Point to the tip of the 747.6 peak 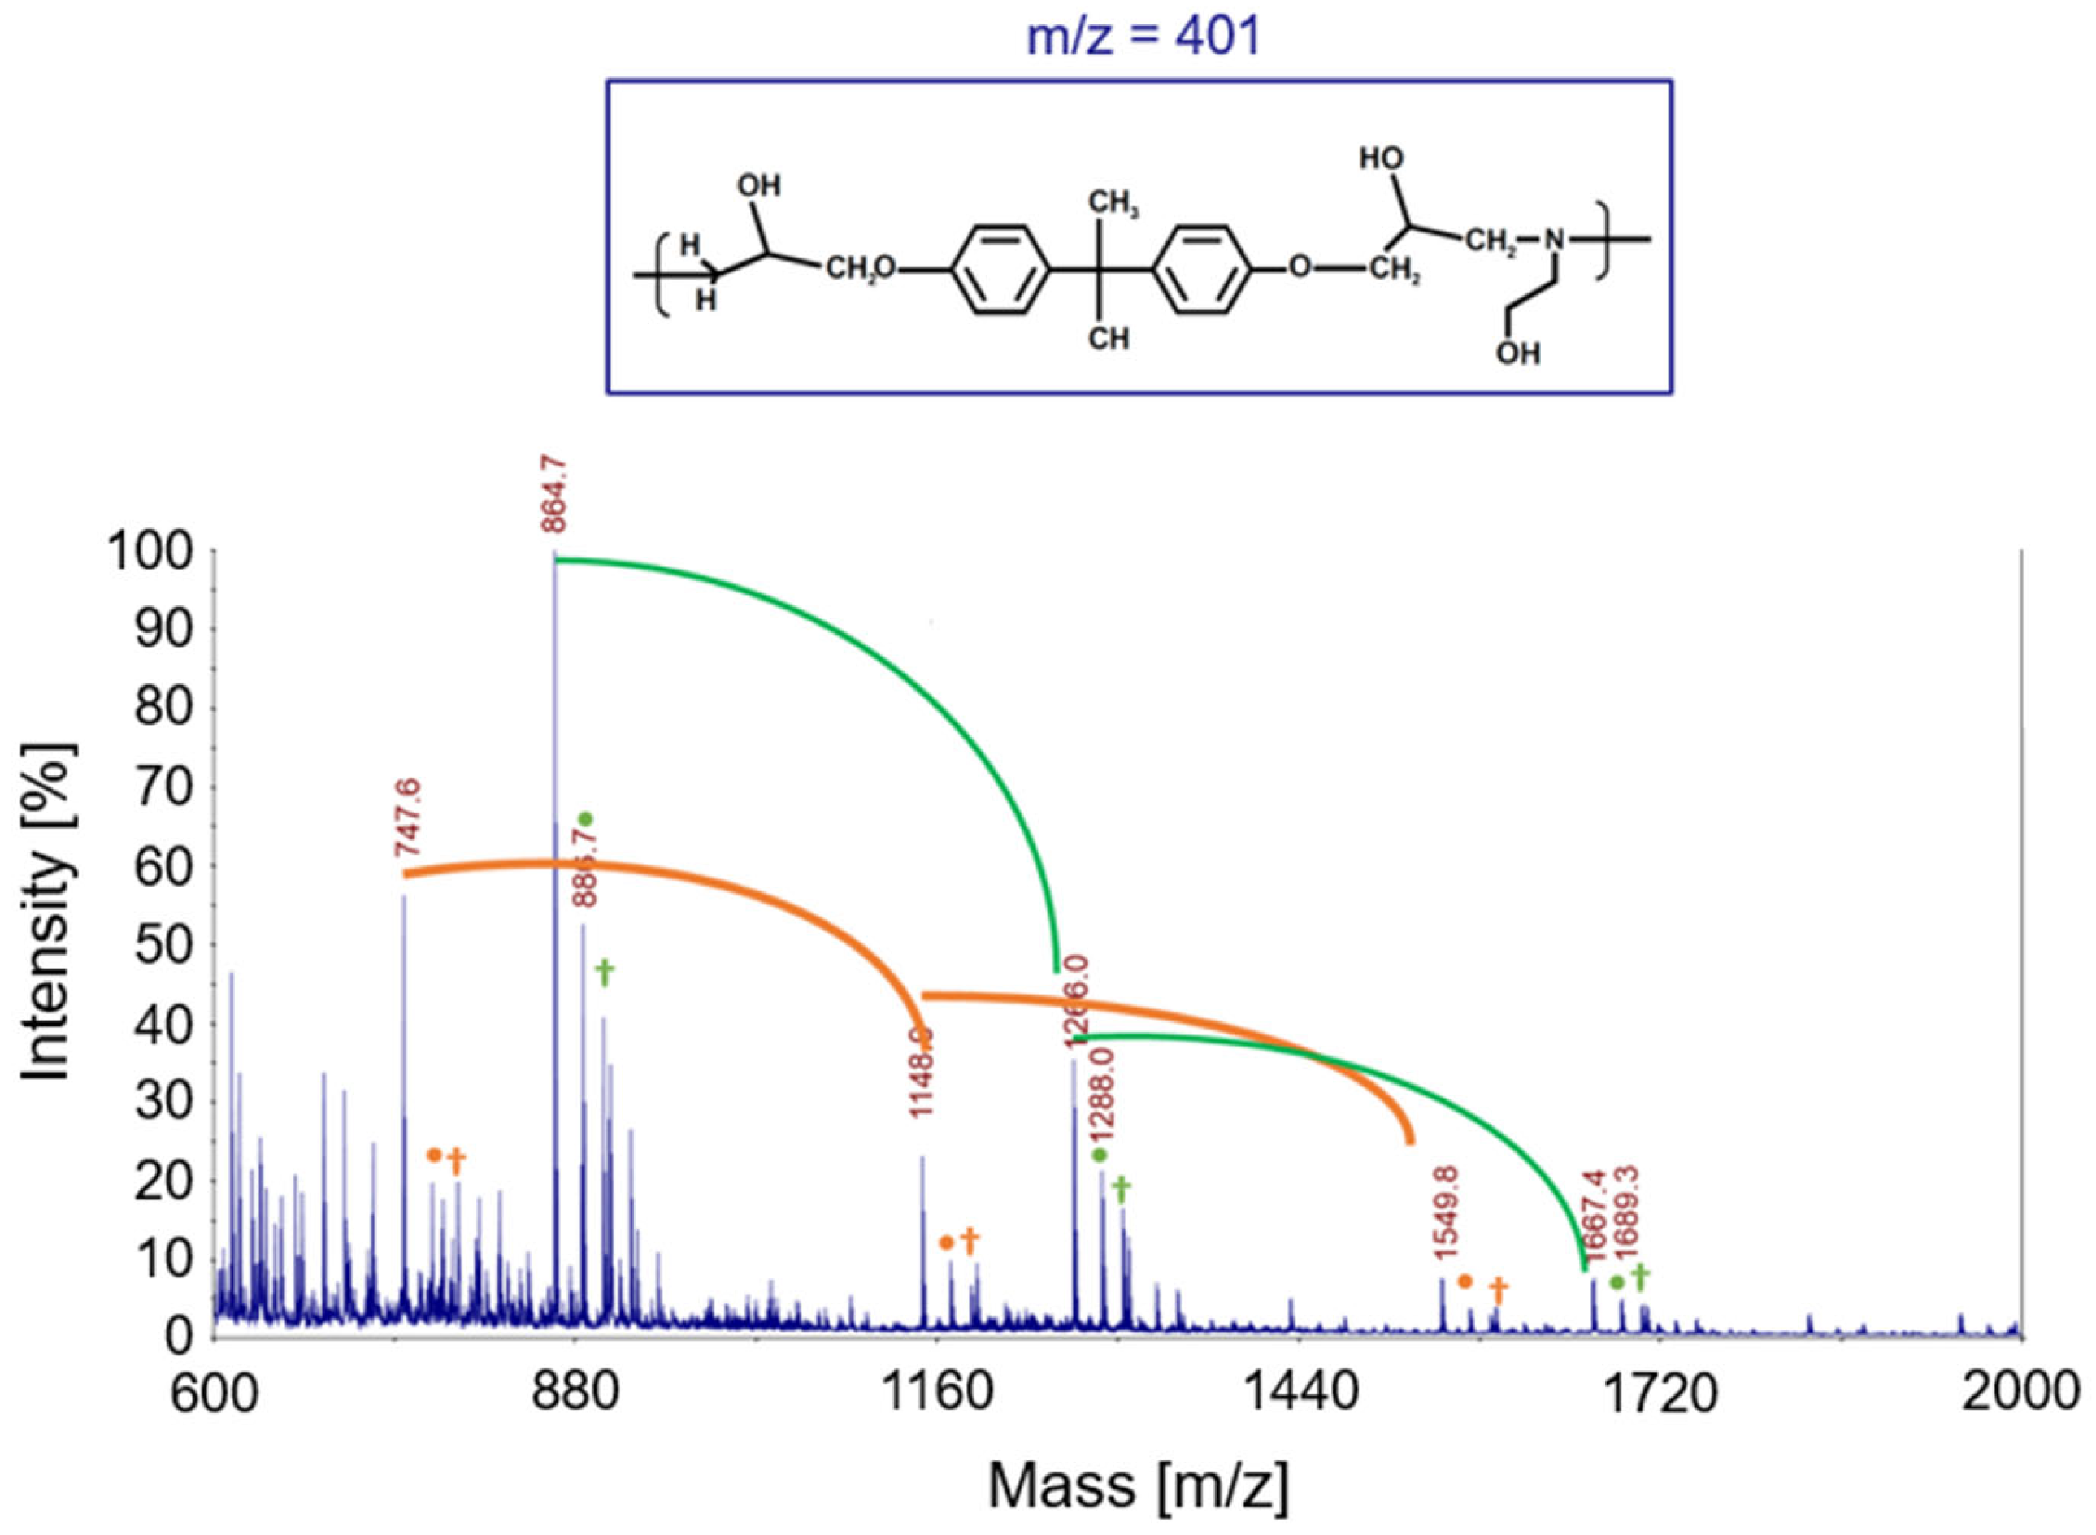pos(405,895)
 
